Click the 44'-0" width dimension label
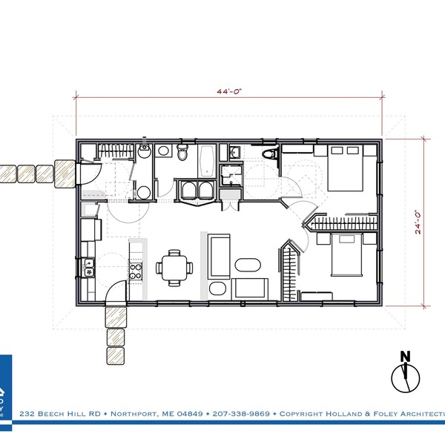[230, 91]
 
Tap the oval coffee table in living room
[248, 266]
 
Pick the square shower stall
[231, 177]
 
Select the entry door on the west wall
[83, 174]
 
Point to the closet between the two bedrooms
[344, 222]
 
